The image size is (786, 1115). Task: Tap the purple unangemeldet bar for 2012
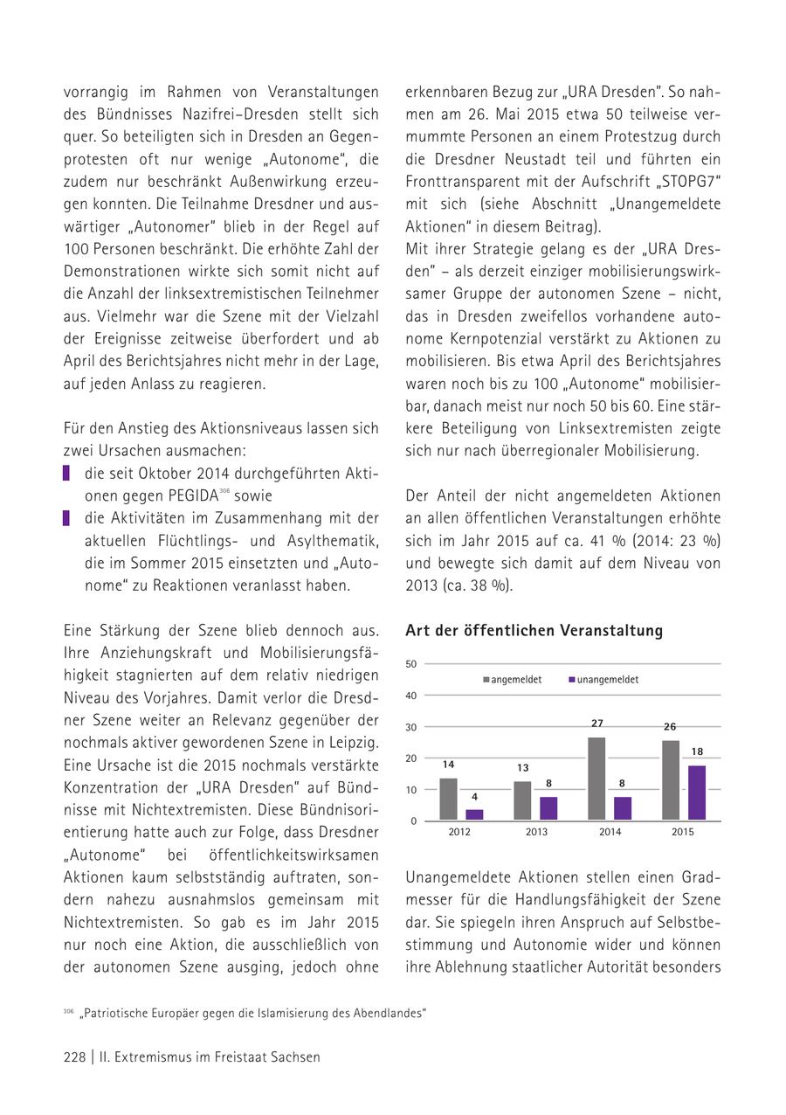(474, 814)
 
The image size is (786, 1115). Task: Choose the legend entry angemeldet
(516, 679)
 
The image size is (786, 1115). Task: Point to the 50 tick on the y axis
(411, 664)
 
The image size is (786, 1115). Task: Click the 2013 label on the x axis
(536, 832)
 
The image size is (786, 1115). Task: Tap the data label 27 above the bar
(597, 724)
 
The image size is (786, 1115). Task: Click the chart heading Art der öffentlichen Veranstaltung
(534, 630)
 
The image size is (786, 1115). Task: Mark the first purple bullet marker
(66, 473)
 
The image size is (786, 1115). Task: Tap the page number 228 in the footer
(74, 1056)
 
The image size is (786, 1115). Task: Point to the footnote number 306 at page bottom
(68, 1011)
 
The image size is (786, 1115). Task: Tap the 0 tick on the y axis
(414, 821)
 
